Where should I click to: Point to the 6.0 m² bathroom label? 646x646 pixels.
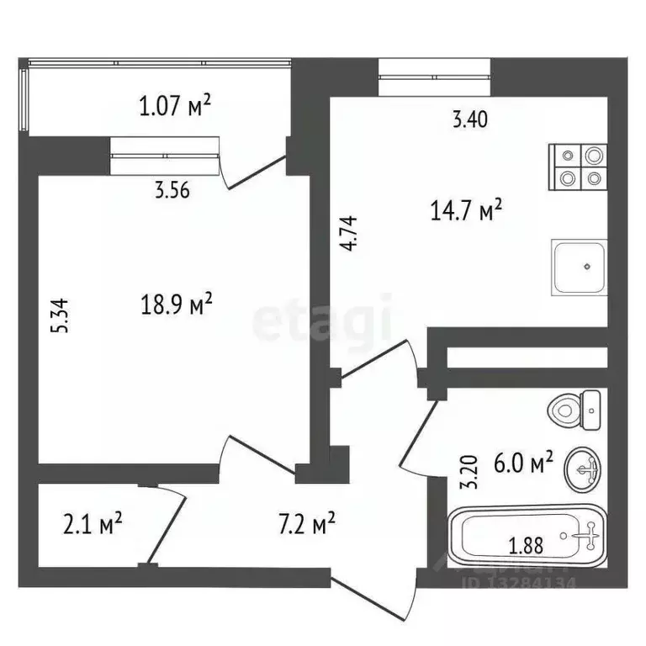(523, 462)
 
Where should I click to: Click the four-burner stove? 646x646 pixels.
(580, 167)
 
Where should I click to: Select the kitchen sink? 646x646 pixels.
(580, 267)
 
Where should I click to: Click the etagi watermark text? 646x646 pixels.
(323, 322)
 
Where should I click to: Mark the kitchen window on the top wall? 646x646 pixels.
(435, 81)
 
